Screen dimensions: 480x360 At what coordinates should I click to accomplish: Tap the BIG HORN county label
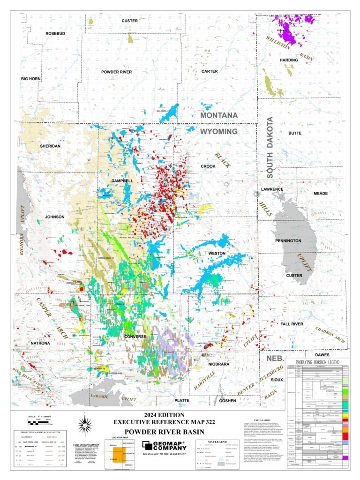tap(31, 79)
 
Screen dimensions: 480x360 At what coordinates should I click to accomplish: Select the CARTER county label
tap(210, 71)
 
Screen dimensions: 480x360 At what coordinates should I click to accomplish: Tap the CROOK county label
tap(208, 166)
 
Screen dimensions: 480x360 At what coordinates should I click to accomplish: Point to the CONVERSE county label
tap(135, 337)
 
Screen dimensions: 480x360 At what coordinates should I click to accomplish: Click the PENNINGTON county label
tap(288, 240)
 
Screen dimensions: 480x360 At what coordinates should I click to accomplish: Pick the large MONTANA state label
tap(219, 115)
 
